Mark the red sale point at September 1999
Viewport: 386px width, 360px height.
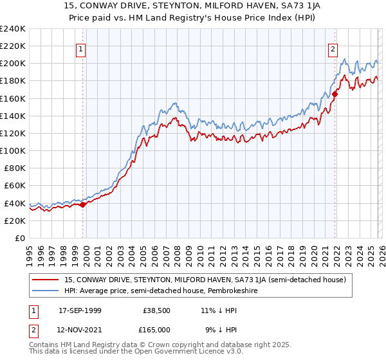coord(83,204)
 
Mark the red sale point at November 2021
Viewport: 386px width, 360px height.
coord(335,94)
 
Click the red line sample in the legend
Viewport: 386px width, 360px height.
coord(46,280)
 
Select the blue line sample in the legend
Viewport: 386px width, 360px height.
coord(46,291)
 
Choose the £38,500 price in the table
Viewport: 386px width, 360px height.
coord(156,311)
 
